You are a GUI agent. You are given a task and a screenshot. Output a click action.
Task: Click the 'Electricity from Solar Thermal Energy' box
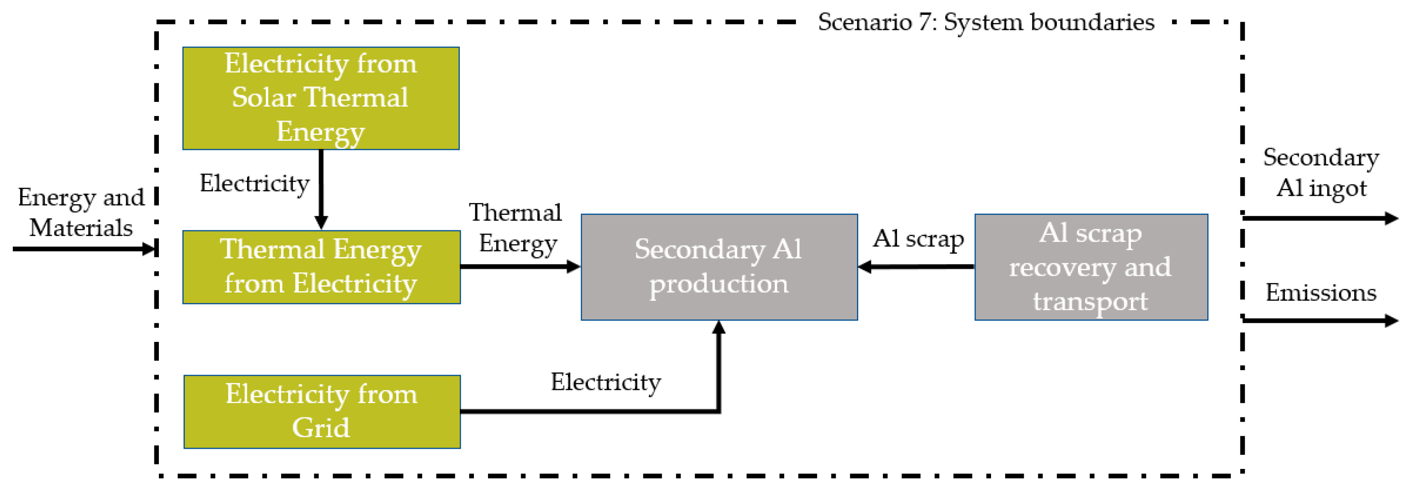pyautogui.click(x=321, y=98)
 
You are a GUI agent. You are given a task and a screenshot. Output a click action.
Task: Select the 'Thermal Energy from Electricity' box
pyautogui.click(x=321, y=267)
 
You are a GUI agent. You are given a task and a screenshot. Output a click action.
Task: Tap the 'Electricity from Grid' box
pyautogui.click(x=322, y=412)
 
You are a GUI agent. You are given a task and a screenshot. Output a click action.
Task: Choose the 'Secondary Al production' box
pyautogui.click(x=719, y=267)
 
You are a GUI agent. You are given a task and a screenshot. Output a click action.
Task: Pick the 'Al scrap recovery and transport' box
pyautogui.click(x=1091, y=267)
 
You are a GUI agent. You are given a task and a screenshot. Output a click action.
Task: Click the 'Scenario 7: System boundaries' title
pyautogui.click(x=986, y=22)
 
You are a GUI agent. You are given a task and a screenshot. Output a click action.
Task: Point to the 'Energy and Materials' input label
pyautogui.click(x=81, y=212)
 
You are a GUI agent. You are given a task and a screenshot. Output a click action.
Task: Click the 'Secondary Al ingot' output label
pyautogui.click(x=1321, y=172)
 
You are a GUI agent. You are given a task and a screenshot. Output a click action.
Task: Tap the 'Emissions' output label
pyautogui.click(x=1321, y=293)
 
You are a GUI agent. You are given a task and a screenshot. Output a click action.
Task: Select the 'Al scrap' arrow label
pyautogui.click(x=918, y=238)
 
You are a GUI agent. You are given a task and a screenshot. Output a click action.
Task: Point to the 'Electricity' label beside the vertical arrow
pyautogui.click(x=254, y=183)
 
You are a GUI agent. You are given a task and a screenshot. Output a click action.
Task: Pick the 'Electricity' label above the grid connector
pyautogui.click(x=606, y=382)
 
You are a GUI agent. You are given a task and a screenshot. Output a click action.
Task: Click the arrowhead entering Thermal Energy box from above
pyautogui.click(x=321, y=222)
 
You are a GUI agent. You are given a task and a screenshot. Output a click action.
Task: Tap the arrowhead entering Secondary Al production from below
pyautogui.click(x=719, y=328)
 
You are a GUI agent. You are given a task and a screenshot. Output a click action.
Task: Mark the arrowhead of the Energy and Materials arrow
pyautogui.click(x=149, y=249)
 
